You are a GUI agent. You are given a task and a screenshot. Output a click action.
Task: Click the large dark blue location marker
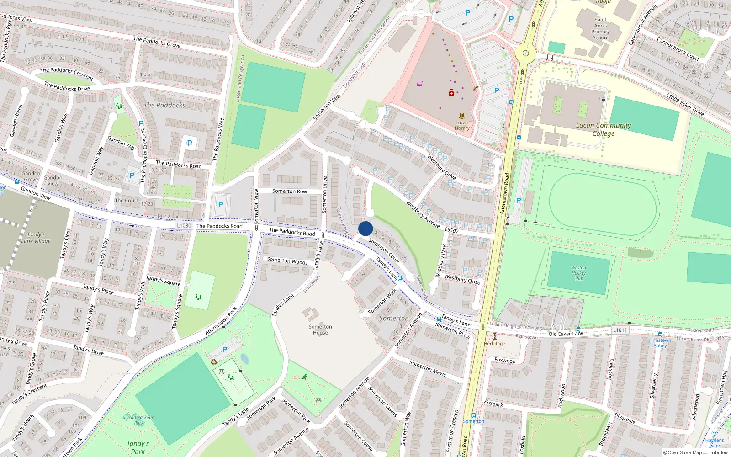tap(365, 228)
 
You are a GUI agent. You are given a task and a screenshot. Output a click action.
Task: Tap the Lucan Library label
tap(462, 125)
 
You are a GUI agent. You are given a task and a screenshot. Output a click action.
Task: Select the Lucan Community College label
tap(603, 129)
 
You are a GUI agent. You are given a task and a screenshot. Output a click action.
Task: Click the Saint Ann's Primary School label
tap(600, 29)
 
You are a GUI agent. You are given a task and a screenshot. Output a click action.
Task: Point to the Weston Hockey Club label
tap(578, 273)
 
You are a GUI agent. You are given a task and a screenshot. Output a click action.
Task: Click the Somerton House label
tap(320, 329)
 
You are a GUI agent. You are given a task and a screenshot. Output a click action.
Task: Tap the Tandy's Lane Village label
tap(36, 238)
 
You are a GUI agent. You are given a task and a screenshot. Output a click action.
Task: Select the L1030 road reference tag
tap(184, 225)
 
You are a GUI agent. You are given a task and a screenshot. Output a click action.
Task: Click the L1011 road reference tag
tap(620, 330)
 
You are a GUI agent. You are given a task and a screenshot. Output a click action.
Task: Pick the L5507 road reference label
tap(451, 230)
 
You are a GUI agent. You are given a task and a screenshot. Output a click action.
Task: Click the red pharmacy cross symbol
tap(451, 93)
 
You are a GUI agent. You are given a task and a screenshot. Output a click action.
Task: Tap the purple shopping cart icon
tap(419, 84)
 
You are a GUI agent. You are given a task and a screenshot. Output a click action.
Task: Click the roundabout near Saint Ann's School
tap(525, 53)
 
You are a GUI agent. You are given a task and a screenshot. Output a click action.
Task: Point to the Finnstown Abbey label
tap(660, 343)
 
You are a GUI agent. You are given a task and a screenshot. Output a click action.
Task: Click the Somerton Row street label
tap(290, 191)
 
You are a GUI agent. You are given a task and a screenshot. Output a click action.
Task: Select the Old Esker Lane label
tap(566, 334)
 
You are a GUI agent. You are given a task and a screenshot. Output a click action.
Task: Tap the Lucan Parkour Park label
tap(138, 420)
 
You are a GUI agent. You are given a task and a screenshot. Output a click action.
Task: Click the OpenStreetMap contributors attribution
tap(695, 452)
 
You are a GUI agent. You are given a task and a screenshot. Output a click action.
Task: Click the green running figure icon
tap(304, 377)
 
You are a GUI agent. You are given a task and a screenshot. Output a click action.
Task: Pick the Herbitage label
tap(494, 343)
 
